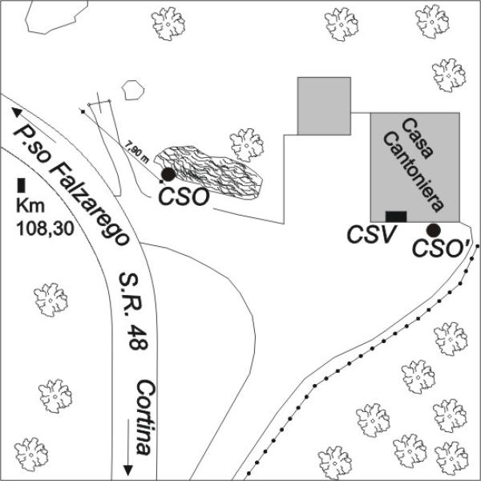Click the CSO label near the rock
point(184,197)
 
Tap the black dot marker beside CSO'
point(434,230)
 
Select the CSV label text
point(370,235)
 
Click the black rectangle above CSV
point(396,216)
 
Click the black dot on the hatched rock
point(168,174)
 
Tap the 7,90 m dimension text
point(137,152)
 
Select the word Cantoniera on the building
point(413,172)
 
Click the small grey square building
point(324,106)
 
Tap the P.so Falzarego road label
point(71,186)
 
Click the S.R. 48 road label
point(134,310)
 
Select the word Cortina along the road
point(144,418)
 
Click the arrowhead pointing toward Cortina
point(127,470)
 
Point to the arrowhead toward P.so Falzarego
point(16,112)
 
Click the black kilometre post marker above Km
point(21,185)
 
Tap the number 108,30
point(45,228)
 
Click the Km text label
point(30,206)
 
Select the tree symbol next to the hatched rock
point(247,145)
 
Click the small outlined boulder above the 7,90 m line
point(133,90)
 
